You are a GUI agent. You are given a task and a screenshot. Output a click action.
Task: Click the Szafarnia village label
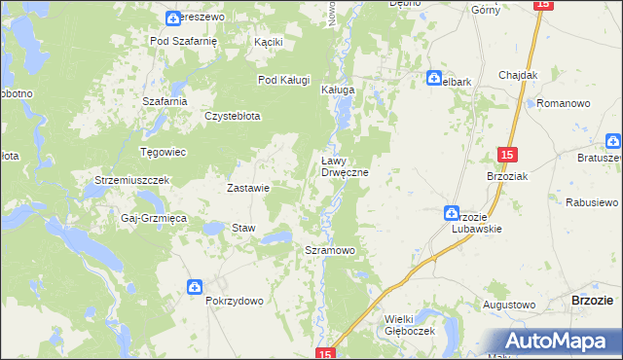164,101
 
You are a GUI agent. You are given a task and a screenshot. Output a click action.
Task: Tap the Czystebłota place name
232,116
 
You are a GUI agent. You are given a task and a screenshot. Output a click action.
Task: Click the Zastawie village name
247,188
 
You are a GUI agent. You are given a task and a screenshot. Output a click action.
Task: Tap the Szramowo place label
330,250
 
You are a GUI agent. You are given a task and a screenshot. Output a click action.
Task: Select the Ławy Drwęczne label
344,167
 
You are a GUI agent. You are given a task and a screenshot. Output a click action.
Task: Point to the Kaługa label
338,90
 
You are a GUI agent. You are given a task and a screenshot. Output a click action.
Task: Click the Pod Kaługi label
283,80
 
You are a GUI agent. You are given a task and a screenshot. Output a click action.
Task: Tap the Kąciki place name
268,43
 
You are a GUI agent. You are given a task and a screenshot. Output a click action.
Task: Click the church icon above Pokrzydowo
195,286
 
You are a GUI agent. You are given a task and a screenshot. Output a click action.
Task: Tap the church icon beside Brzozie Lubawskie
452,212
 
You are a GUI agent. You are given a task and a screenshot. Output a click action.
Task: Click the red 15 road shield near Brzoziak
506,155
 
